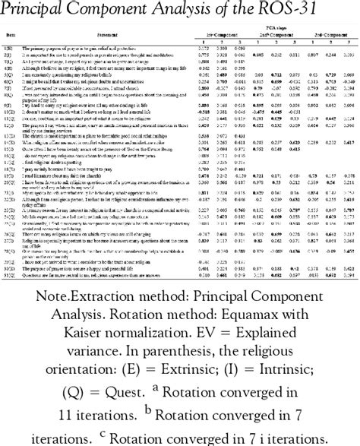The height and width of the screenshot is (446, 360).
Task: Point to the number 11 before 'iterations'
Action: (90, 431)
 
